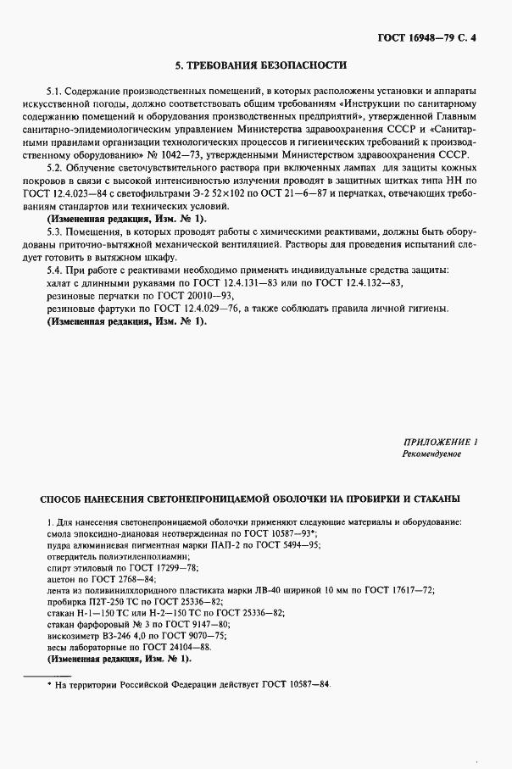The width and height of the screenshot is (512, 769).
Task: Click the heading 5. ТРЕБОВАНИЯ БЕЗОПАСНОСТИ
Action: (260, 65)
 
